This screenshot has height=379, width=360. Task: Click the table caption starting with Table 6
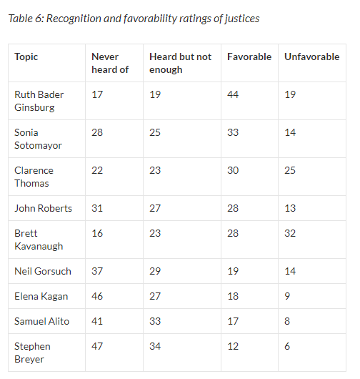[134, 18]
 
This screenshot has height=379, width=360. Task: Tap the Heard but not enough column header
[180, 63]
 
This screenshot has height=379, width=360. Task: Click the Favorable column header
[249, 56]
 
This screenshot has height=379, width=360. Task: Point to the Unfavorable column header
[311, 56]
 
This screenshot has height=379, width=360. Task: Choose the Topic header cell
[26, 56]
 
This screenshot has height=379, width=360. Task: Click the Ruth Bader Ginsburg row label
[38, 101]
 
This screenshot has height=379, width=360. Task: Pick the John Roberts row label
[43, 208]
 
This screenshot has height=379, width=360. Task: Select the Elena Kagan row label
[41, 296]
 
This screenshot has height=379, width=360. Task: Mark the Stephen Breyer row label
[32, 353]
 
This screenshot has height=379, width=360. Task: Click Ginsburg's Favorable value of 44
[233, 94]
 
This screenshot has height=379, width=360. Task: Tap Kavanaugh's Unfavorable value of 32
[290, 233]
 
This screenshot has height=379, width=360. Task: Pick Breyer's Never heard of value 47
[97, 346]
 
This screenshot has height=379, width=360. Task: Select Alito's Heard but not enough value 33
[155, 321]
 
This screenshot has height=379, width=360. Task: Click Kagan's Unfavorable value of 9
[287, 296]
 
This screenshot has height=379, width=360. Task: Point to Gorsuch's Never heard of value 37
[97, 271]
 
